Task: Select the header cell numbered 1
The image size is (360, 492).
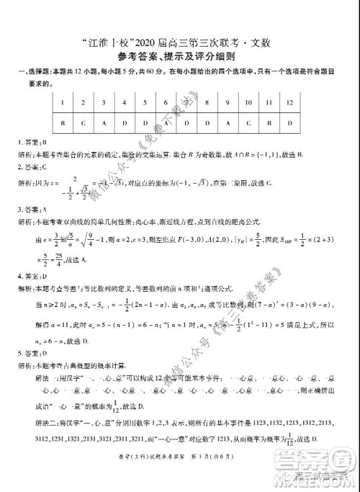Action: (63, 103)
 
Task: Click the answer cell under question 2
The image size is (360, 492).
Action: (84, 123)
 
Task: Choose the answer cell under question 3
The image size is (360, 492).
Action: (104, 123)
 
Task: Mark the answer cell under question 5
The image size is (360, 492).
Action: (145, 123)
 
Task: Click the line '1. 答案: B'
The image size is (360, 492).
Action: (30, 143)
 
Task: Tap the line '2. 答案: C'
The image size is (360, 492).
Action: (30, 166)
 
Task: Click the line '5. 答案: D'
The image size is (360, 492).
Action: (30, 354)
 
